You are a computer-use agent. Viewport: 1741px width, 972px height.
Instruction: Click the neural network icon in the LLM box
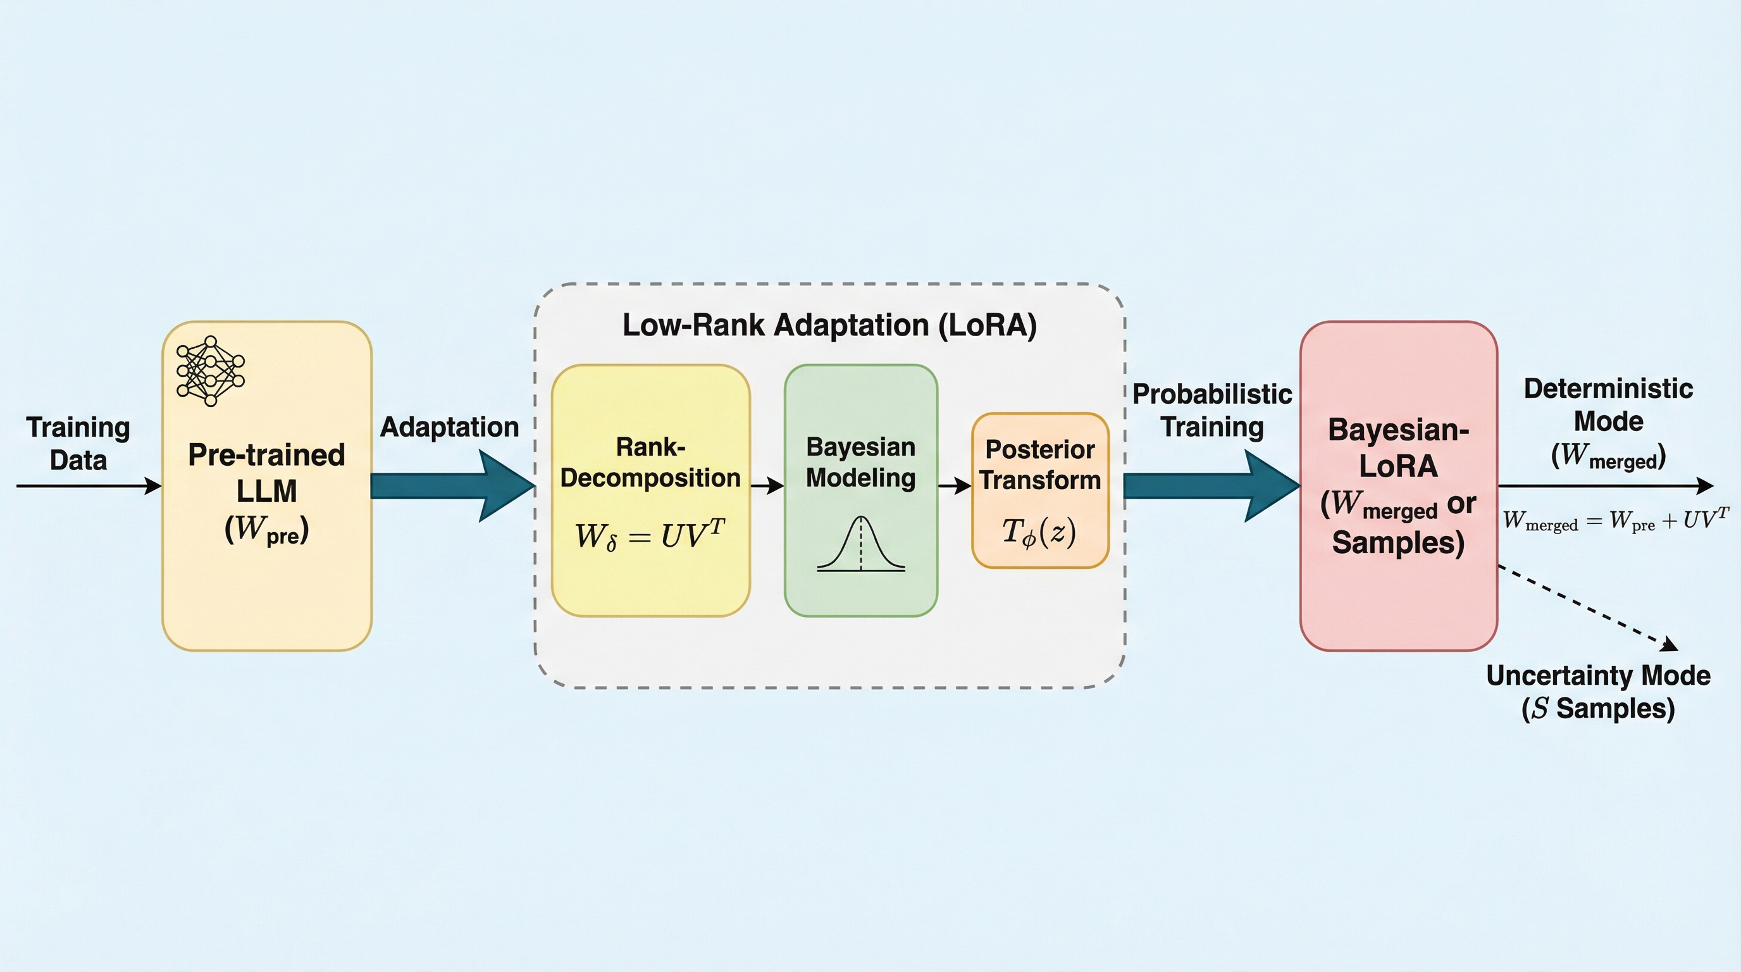point(210,371)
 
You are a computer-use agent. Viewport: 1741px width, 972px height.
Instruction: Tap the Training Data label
point(78,444)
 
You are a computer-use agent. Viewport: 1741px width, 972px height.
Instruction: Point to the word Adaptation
point(449,427)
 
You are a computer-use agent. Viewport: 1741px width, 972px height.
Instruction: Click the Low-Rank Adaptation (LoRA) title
point(829,325)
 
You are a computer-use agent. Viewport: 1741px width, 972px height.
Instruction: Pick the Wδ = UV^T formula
point(650,535)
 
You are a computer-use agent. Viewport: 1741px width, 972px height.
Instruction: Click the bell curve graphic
point(860,544)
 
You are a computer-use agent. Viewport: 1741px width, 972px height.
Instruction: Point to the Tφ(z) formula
point(1039,532)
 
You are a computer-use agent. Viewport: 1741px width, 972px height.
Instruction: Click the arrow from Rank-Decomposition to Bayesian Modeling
point(767,485)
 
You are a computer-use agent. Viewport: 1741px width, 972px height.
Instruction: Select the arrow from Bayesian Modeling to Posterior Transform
point(954,485)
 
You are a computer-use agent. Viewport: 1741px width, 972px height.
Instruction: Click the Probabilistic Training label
point(1212,410)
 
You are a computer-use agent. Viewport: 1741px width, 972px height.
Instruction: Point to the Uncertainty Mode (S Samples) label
point(1599,692)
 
